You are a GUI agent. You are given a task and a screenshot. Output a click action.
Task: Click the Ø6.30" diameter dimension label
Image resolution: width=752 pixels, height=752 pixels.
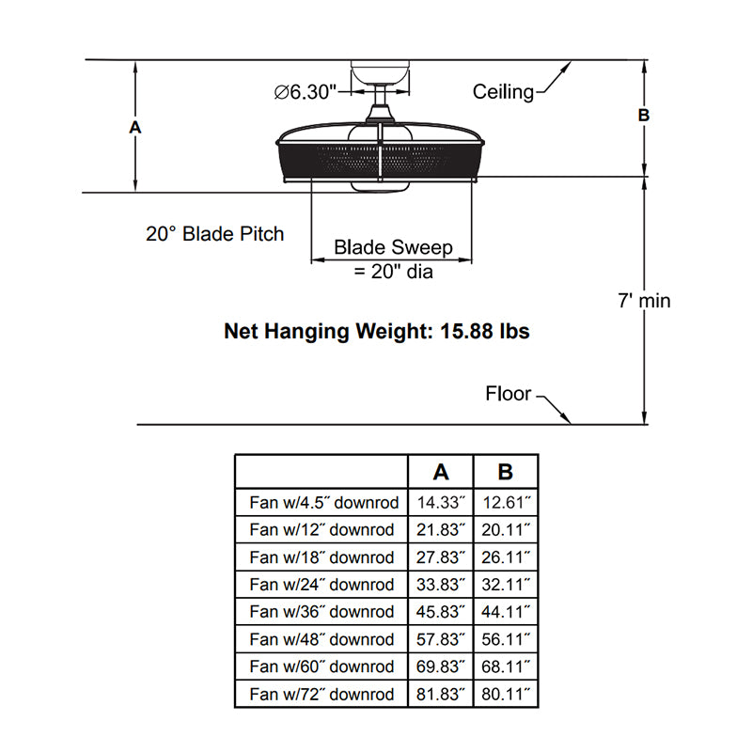[305, 91]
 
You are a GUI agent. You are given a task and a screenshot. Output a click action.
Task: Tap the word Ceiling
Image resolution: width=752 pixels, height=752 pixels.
[503, 91]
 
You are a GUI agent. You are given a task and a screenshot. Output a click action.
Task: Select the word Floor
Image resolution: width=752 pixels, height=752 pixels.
[509, 393]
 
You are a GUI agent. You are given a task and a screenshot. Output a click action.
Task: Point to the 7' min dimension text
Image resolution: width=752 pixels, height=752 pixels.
[644, 301]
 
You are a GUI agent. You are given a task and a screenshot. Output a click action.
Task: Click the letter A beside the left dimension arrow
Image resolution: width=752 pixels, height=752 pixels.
[135, 127]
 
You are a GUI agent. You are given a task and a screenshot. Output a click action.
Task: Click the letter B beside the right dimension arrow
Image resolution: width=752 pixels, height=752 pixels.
[644, 115]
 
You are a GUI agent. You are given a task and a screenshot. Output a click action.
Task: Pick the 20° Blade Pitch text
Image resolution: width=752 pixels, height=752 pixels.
[215, 234]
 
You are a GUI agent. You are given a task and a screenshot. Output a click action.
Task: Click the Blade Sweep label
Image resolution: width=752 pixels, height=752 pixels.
[393, 247]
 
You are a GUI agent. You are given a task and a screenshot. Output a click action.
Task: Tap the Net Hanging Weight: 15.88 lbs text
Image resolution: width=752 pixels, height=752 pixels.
[377, 331]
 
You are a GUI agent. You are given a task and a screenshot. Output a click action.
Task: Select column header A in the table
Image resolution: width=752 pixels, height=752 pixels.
[441, 472]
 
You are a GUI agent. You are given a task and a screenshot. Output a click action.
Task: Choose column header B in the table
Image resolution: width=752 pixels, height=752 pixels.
[506, 472]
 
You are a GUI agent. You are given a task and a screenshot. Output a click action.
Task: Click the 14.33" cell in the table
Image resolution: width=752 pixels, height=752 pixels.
[441, 502]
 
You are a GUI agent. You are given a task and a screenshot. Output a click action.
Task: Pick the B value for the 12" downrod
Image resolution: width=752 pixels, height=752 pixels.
[506, 529]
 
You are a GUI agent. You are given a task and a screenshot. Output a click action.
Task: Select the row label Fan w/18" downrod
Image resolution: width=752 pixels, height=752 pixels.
[321, 557]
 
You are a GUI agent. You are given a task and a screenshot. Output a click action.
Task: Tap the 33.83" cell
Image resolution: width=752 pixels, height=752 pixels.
[441, 585]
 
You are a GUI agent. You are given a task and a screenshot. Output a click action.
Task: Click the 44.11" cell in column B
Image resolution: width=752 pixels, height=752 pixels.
[506, 612]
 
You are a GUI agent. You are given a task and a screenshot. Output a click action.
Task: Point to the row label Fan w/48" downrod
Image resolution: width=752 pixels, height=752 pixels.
[321, 639]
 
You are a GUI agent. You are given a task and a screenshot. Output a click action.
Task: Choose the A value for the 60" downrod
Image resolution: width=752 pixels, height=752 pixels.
[441, 666]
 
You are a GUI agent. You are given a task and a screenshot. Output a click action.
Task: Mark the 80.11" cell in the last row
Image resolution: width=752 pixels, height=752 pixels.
[506, 694]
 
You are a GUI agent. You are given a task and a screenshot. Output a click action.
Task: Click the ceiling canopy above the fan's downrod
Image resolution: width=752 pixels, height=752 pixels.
[380, 72]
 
